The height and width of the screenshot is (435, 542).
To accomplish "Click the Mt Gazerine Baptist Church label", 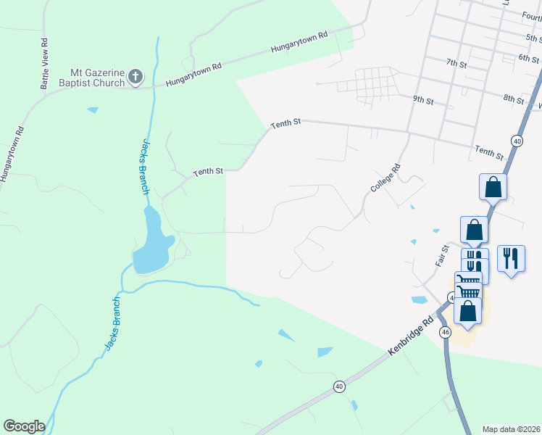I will [96, 77].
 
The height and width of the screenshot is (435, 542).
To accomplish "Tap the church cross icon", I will [135, 75].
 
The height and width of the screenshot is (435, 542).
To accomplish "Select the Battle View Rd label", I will [45, 64].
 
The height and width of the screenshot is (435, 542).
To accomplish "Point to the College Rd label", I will [385, 178].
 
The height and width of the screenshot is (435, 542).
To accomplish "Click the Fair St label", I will [442, 256].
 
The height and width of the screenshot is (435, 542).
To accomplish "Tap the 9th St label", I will [422, 98].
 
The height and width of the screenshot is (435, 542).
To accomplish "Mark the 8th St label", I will [513, 98].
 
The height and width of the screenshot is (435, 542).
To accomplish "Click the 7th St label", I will [456, 64].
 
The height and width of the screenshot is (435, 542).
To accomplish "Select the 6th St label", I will [529, 58].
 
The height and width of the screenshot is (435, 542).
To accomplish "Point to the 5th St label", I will [533, 38].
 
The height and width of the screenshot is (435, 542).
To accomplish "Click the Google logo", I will [24, 426].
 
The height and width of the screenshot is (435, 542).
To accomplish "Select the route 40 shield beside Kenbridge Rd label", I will [339, 386].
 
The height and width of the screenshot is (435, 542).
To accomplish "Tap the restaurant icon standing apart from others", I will [512, 258].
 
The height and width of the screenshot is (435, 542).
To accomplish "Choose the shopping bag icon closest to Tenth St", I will [493, 187].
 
